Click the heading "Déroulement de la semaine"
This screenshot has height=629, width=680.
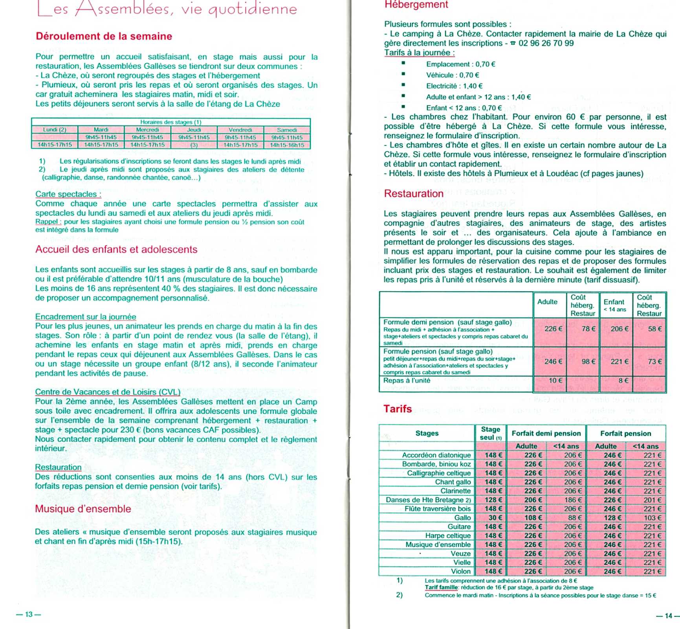click(x=104, y=36)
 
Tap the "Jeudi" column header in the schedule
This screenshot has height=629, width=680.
click(x=194, y=130)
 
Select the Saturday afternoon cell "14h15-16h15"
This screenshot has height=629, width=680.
click(x=287, y=145)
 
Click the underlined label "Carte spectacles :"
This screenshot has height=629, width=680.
click(x=68, y=194)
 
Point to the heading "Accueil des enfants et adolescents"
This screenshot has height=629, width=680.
click(x=116, y=249)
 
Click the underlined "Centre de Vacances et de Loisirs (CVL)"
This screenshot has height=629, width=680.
click(x=108, y=392)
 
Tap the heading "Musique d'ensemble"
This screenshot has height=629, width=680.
click(x=83, y=509)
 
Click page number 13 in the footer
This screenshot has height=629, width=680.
click(x=29, y=614)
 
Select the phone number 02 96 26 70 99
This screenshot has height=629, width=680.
click(x=546, y=43)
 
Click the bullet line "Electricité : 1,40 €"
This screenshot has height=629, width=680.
click(x=454, y=86)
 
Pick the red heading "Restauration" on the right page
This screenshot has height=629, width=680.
click(x=413, y=193)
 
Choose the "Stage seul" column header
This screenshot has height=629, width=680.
click(x=490, y=433)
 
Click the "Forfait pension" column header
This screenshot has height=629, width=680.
click(x=625, y=433)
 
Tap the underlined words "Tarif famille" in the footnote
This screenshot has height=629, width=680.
click(x=441, y=587)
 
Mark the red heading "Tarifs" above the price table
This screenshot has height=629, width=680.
click(x=398, y=409)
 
